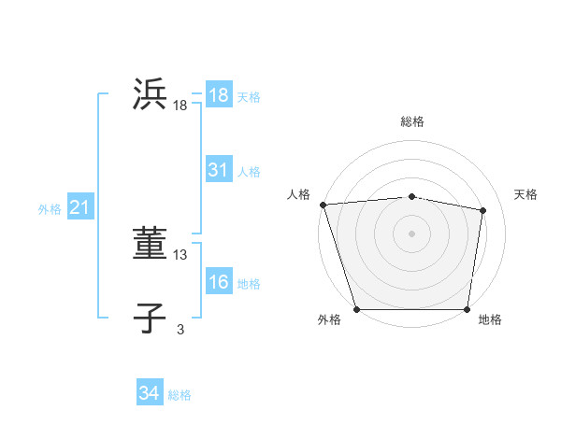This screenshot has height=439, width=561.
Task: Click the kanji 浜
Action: coord(151,95)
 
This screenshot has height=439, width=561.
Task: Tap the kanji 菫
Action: coord(151,244)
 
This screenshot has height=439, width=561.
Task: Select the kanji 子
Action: coord(151,319)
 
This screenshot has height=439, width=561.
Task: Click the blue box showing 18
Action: coord(219,95)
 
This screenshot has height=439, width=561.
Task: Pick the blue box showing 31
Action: coord(219,170)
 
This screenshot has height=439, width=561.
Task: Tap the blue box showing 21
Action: coord(79,208)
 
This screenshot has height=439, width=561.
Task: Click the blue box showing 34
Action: coord(150,393)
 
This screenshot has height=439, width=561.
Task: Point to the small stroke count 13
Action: coord(180,254)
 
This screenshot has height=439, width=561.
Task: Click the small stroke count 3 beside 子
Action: coord(180,329)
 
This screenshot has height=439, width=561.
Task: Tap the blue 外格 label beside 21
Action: coord(50,209)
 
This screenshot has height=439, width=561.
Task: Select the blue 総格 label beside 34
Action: coord(180,395)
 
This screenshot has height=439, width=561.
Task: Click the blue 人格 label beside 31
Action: coord(249,172)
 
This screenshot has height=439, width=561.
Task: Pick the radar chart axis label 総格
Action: coord(411,121)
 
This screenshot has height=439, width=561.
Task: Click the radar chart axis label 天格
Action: coord(525,194)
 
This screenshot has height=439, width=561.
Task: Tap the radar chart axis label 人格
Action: coord(298,194)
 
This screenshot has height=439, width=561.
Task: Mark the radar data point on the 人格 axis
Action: coord(323,205)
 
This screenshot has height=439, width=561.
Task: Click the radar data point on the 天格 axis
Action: coord(483,210)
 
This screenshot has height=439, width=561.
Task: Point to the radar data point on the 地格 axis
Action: coord(467,309)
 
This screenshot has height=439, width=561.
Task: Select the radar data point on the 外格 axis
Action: coord(357,309)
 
